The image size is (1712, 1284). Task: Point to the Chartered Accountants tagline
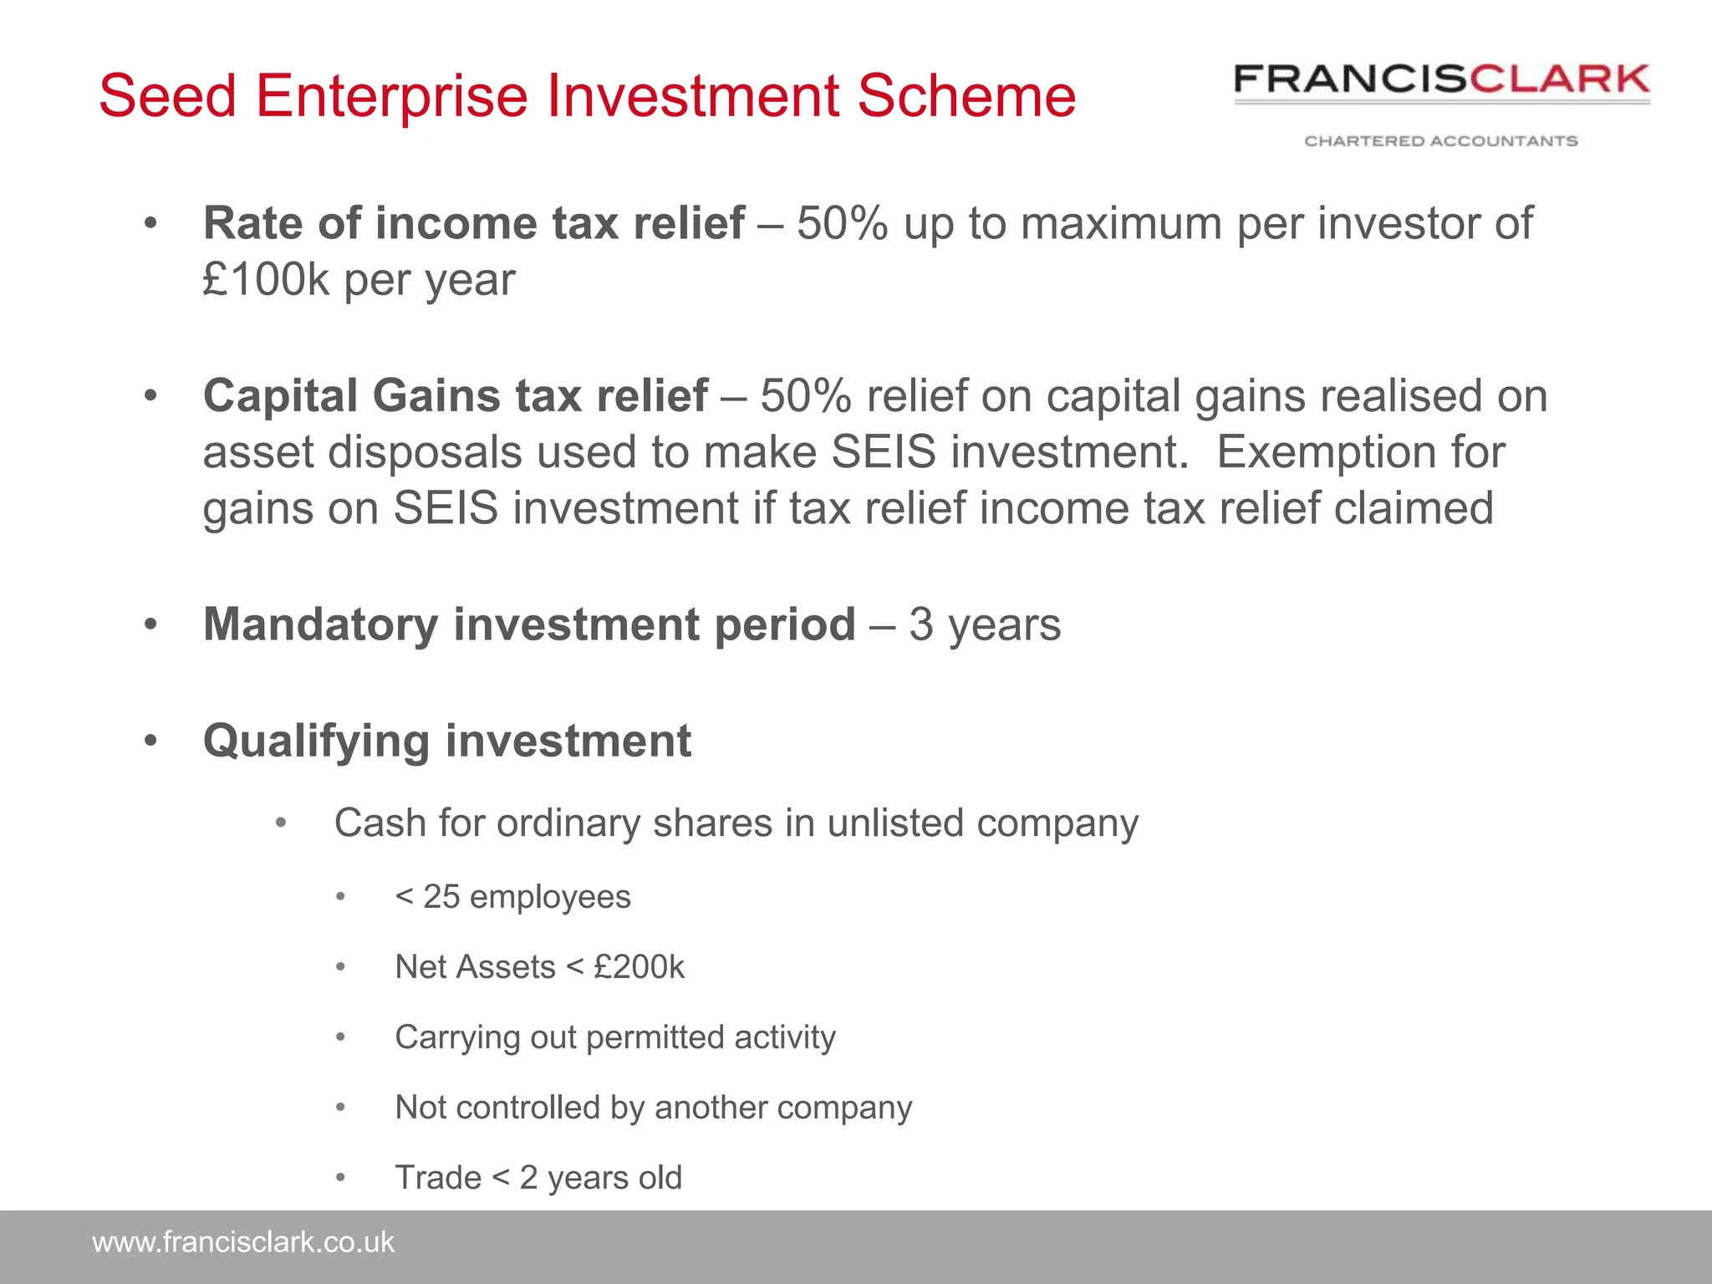tap(1441, 141)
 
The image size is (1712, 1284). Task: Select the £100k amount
tap(266, 280)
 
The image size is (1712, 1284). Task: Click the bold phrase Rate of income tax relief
tap(473, 224)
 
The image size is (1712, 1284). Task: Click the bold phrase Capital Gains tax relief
tap(455, 395)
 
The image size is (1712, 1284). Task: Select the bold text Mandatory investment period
tap(529, 624)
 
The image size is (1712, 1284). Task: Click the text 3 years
tap(985, 624)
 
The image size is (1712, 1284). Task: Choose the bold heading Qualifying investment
tap(447, 741)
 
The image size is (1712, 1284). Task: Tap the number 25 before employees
tap(441, 897)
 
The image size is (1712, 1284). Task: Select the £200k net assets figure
tap(639, 967)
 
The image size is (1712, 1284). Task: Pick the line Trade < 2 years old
tap(538, 1178)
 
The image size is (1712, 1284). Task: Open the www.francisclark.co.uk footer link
tap(242, 1242)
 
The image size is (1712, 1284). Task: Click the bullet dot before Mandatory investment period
tap(150, 624)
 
